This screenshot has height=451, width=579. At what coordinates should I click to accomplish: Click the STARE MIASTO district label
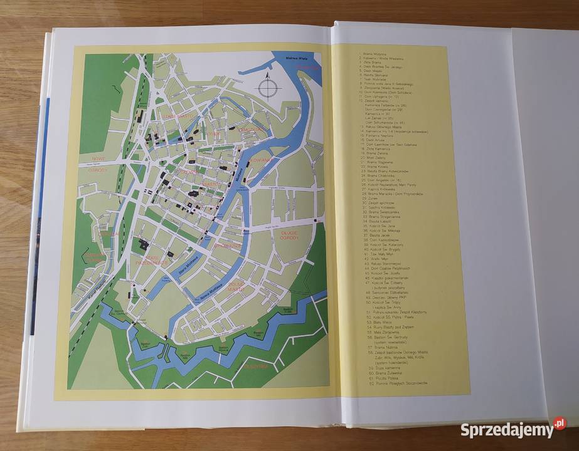[176, 116]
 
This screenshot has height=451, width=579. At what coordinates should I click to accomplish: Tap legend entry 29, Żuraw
[376, 197]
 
